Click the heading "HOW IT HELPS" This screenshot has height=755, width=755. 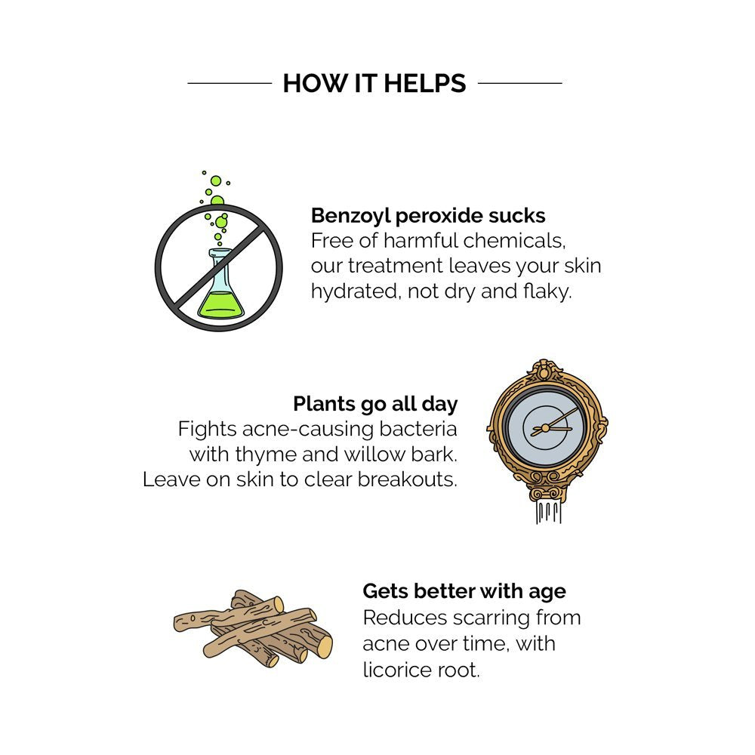[374, 83]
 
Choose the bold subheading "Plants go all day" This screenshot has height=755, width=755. [375, 404]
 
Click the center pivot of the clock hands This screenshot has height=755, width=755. [545, 428]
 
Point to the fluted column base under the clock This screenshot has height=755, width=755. [548, 512]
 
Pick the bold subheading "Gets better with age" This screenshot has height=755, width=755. [464, 592]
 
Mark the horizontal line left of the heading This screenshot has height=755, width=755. [230, 83]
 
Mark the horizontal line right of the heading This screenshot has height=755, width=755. [520, 83]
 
